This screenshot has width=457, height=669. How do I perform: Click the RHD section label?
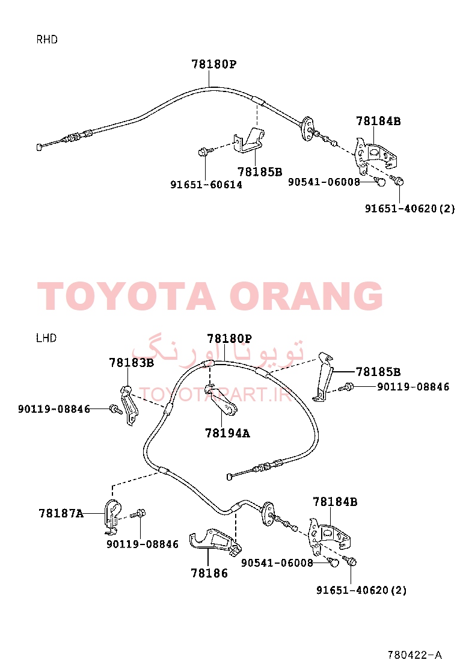47,40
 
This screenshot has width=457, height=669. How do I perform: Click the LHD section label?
46,338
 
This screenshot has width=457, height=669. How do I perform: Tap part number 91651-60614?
206,185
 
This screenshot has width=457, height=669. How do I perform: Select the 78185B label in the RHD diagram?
260,172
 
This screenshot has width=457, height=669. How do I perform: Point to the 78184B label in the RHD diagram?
379,121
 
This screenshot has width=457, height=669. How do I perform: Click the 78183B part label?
131,363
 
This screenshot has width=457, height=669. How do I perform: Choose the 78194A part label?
227,433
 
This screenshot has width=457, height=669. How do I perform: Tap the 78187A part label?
61,513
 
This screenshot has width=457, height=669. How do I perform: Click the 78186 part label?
209,573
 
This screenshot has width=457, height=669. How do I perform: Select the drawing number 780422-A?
414,655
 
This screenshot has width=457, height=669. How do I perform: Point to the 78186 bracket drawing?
215,542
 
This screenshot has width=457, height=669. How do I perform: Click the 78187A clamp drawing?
112,516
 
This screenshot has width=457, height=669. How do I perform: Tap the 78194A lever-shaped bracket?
221,401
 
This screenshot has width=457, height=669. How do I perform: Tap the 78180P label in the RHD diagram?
213,64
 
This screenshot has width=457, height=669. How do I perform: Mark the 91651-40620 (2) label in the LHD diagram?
361,590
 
